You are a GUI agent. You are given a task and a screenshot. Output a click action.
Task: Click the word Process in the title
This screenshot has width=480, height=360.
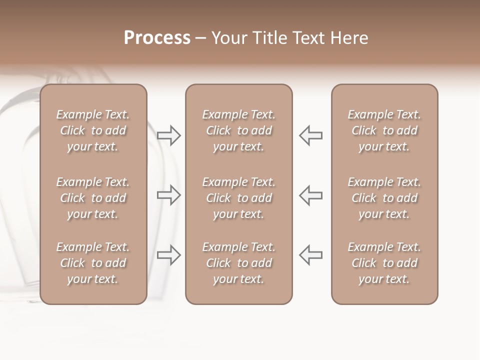[157, 38]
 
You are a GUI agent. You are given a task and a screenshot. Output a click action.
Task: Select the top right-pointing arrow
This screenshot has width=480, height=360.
[169, 135]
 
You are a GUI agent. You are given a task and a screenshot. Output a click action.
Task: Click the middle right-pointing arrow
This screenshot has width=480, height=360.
[169, 195]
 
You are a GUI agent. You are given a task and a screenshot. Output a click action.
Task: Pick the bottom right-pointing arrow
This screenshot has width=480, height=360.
[169, 255]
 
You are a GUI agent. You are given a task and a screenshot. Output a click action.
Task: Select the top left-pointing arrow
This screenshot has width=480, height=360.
[310, 135]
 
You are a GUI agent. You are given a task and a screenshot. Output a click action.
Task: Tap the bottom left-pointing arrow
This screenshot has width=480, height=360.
[310, 255]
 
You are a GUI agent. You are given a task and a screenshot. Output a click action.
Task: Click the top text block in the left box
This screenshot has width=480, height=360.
[93, 130]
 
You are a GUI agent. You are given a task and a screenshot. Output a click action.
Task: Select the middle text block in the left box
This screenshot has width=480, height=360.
[93, 198]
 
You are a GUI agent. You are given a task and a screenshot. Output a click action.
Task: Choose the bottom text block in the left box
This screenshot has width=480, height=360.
[93, 263]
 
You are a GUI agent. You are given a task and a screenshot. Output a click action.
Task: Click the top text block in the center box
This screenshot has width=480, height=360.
[238, 130]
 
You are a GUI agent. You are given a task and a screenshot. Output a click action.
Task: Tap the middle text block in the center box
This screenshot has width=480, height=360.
[238, 198]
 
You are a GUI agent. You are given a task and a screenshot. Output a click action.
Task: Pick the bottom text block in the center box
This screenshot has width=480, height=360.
[238, 263]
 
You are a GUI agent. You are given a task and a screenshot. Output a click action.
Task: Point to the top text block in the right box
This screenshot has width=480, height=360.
[384, 130]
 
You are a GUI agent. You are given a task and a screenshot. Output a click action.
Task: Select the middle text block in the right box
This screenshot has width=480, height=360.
[384, 198]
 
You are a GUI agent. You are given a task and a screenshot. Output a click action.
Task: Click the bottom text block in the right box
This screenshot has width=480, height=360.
[384, 263]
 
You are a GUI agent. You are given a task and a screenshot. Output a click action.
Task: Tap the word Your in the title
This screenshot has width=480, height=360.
[228, 38]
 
